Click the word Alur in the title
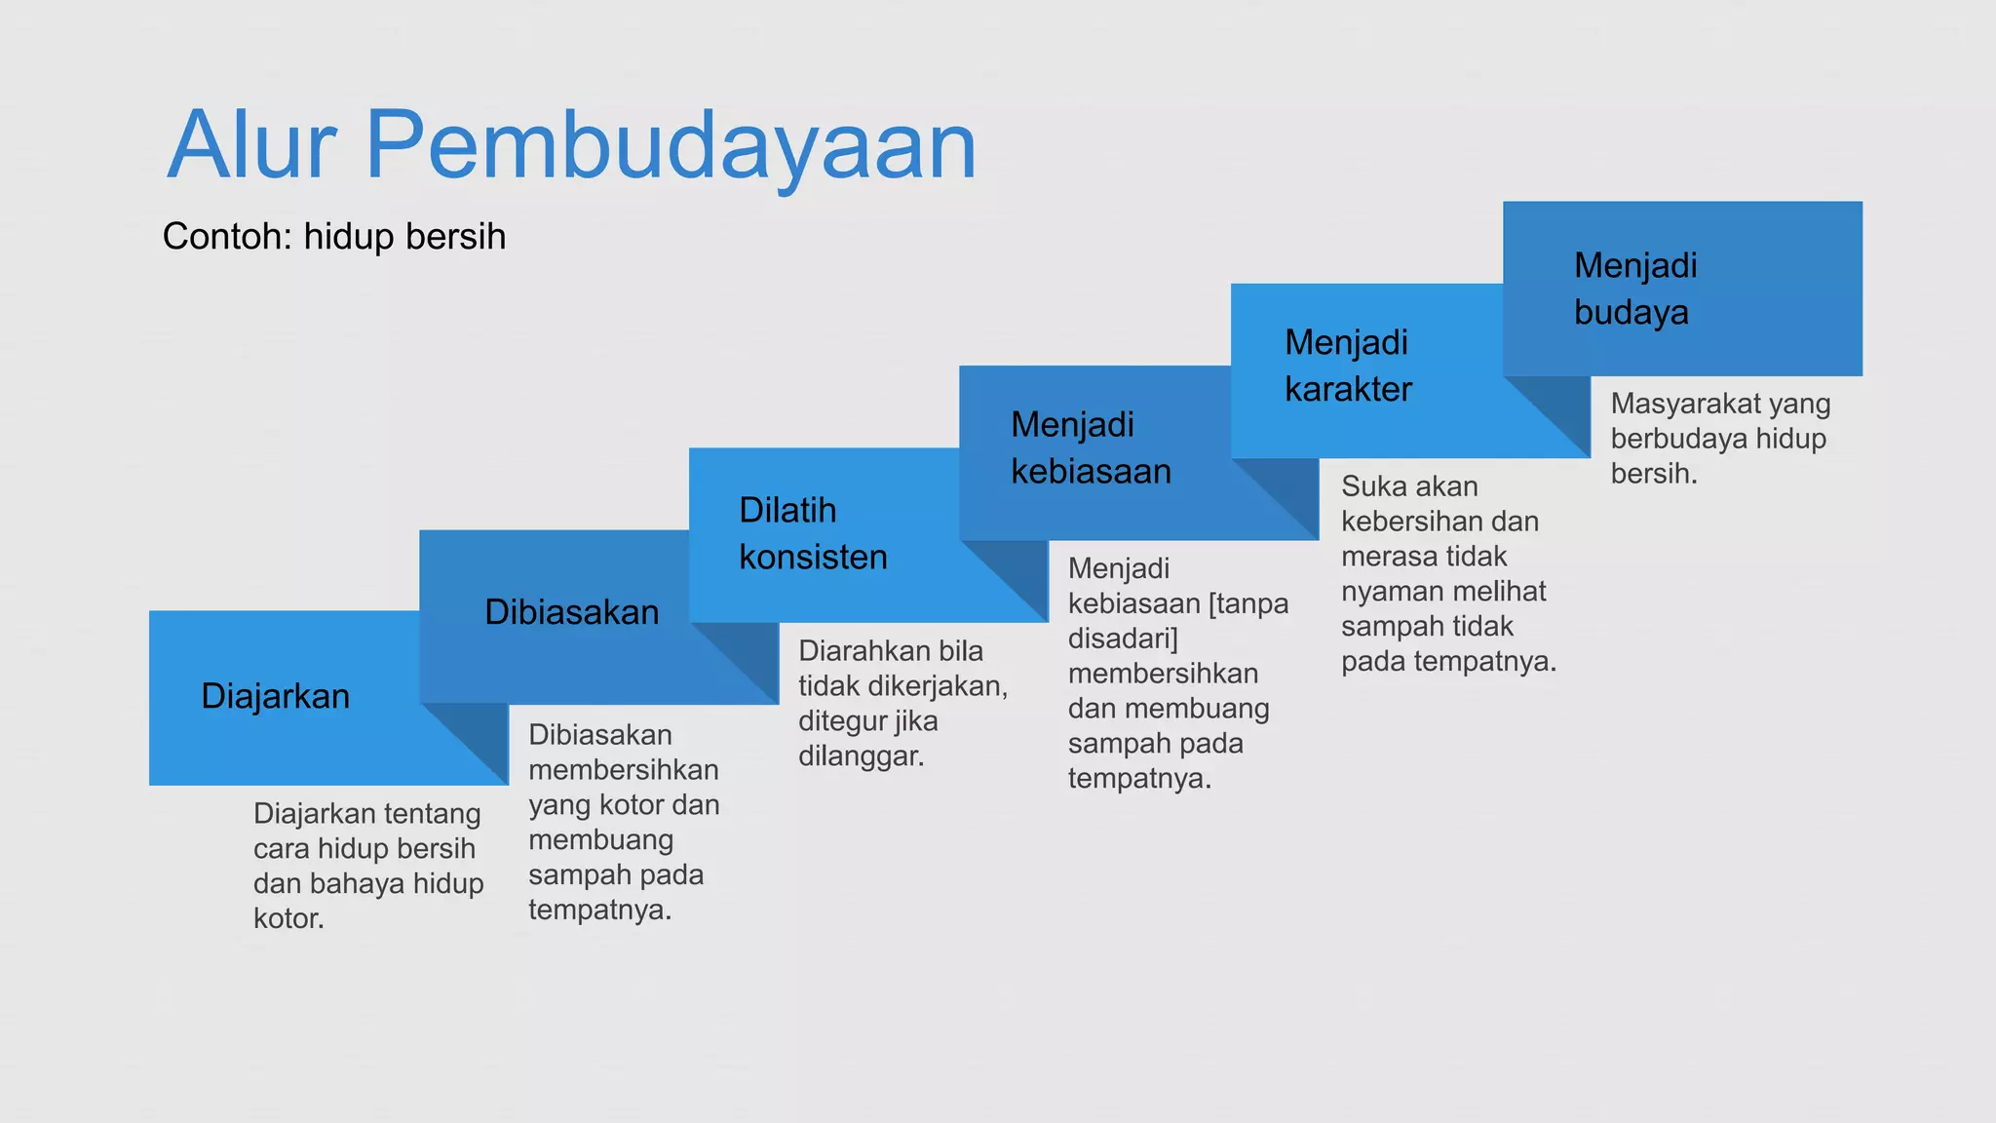(x=251, y=146)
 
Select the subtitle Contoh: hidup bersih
(x=334, y=237)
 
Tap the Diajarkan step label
(x=275, y=696)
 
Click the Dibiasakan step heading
(x=572, y=612)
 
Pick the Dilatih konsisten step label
(x=813, y=533)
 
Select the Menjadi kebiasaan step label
(x=1091, y=447)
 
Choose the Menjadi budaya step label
(x=1635, y=289)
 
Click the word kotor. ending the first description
(x=288, y=918)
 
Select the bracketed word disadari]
(x=1123, y=639)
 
